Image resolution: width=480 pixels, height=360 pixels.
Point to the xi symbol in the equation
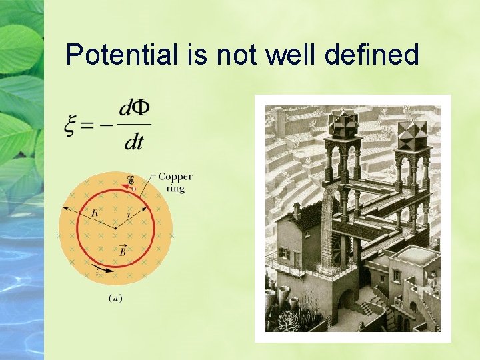72,125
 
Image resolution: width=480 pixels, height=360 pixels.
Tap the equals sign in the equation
91,125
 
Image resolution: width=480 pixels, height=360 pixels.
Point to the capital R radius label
95,213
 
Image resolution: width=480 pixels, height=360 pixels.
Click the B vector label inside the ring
123,251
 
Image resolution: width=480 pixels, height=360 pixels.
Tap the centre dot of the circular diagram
115,228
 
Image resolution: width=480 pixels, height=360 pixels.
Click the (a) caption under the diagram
115,298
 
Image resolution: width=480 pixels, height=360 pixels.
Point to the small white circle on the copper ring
133,189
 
